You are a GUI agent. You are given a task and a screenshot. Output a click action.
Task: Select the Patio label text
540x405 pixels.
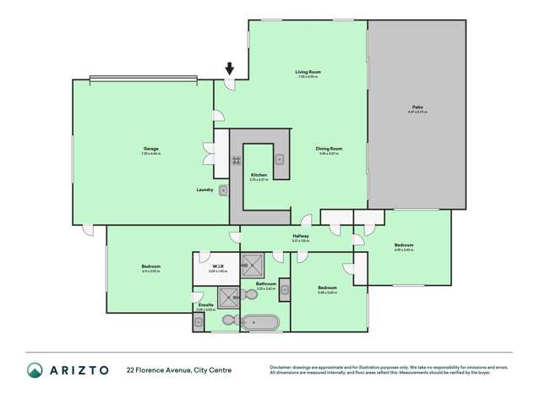(x=416, y=107)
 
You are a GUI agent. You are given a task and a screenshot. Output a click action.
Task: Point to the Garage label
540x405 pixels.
(x=150, y=149)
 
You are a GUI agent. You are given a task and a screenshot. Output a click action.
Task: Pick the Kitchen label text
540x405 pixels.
(x=259, y=175)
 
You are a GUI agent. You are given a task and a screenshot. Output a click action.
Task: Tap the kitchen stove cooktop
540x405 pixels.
(x=237, y=159)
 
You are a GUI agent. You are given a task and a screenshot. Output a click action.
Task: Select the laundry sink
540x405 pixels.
(x=222, y=190)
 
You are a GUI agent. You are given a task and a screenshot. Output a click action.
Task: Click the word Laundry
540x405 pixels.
(x=204, y=189)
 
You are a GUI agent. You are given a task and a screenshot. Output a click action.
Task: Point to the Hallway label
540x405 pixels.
(x=300, y=236)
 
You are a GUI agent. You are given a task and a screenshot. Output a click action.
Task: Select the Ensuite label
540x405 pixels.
(x=204, y=306)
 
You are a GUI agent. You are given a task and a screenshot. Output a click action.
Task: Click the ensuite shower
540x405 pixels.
(x=228, y=295)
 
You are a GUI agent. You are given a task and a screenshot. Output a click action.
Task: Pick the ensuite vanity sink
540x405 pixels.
(x=199, y=321)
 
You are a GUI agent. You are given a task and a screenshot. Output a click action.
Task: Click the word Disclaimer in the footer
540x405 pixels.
(x=283, y=366)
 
